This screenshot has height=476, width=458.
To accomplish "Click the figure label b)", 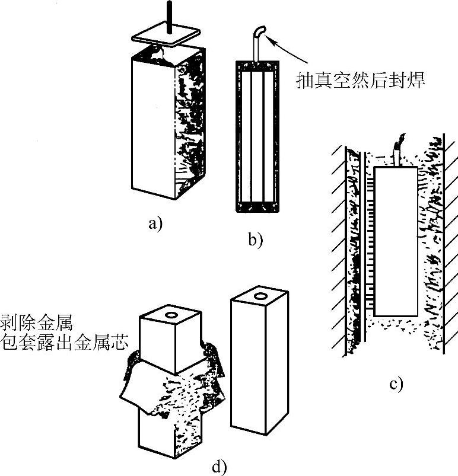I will [255, 240].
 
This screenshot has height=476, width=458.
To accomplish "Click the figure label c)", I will [396, 384].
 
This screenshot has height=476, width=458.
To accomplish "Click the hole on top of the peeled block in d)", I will [173, 315].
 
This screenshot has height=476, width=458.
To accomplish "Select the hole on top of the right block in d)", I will [259, 295].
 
